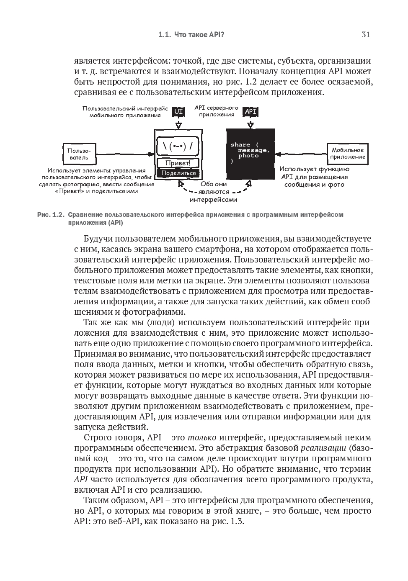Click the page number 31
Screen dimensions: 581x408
tap(366, 35)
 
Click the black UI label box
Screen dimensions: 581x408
tap(178, 111)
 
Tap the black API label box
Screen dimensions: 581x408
tap(250, 111)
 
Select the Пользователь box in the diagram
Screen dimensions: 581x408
tap(79, 154)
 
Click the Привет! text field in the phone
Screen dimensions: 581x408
tap(178, 163)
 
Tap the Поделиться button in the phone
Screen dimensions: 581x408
tap(178, 173)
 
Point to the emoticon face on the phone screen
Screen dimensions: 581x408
tap(178, 147)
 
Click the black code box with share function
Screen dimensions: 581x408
tap(250, 153)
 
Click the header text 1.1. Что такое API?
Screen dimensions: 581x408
tap(191, 35)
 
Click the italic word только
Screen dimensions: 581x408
tap(202, 438)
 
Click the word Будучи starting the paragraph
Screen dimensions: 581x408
tap(98, 239)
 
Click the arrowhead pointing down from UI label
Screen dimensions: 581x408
tap(178, 125)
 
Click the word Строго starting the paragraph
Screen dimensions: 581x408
tap(97, 438)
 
